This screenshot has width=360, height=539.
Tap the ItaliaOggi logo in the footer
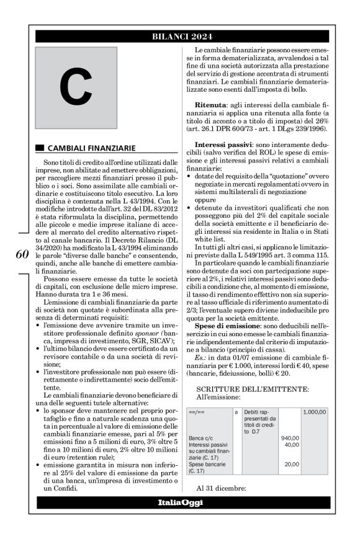[x=179, y=502]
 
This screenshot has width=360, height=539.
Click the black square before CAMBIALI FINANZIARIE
[x=40, y=148]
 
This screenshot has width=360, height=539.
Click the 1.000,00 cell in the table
[x=315, y=412]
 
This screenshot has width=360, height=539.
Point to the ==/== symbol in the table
[x=196, y=412]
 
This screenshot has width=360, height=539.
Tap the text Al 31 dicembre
[x=221, y=487]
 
